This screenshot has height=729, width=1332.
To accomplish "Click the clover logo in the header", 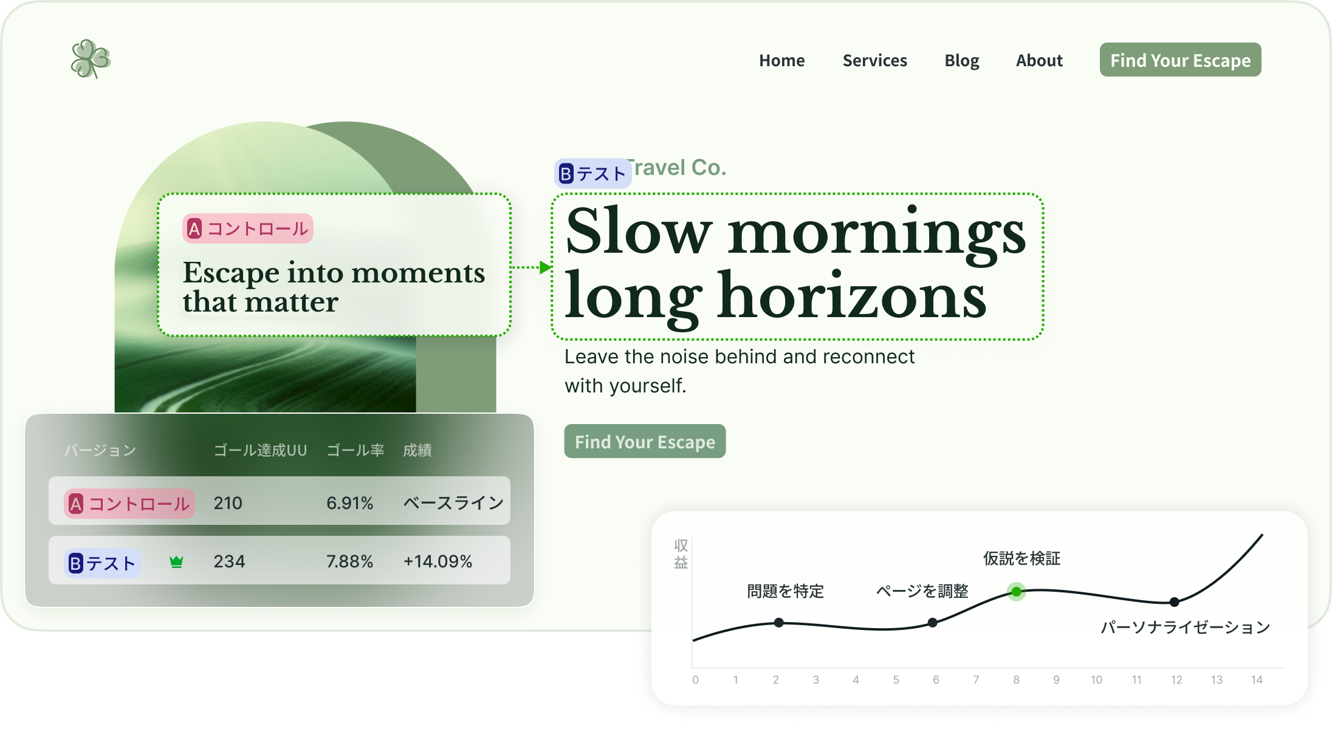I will coord(91,59).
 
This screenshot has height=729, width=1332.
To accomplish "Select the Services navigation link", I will coord(874,61).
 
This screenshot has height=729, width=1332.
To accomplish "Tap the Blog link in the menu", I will coord(961,61).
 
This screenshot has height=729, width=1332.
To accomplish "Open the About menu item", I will coord(1039,61).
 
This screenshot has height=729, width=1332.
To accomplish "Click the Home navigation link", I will coord(781,61).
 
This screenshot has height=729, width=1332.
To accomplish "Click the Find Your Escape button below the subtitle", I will coord(645,442).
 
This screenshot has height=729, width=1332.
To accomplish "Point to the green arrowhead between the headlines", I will coord(545,267).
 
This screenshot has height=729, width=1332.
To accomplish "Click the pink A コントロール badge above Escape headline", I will coord(248,229).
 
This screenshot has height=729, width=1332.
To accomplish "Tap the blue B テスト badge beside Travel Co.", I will coord(592,174).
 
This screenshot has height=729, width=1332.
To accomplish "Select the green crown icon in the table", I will coord(176,562).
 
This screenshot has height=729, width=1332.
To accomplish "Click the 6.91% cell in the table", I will coord(349,503).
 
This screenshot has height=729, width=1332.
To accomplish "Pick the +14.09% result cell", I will coord(438,561).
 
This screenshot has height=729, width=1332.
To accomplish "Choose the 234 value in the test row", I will coord(229,561).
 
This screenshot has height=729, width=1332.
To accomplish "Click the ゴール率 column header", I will coord(355,450).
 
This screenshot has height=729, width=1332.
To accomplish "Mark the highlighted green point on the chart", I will coord(1016,591).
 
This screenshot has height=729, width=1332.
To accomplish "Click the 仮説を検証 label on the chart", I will coord(1021,558).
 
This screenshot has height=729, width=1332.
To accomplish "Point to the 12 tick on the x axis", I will coord(1176,680).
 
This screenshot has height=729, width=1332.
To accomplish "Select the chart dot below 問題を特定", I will coord(779,623).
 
